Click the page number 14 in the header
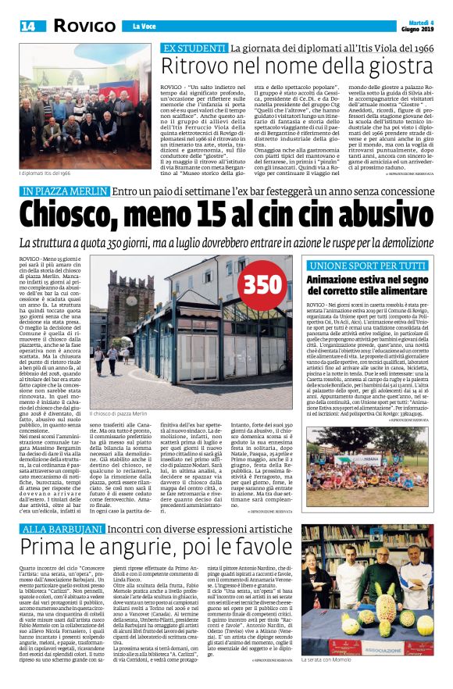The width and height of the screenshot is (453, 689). point(27,27)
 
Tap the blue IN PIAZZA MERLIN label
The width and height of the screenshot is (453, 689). point(66,191)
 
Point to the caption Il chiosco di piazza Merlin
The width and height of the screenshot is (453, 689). point(119,412)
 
